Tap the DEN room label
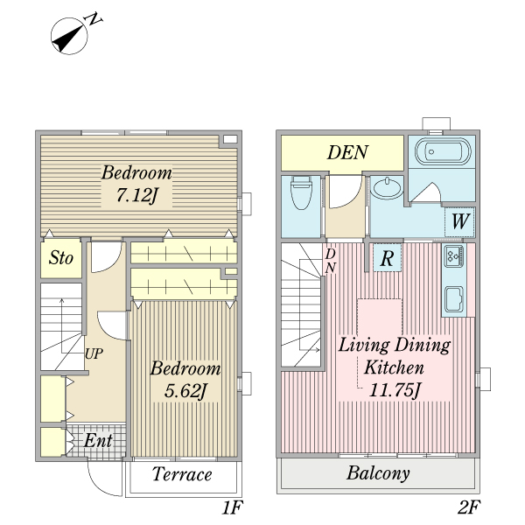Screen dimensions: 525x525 pyautogui.click(x=348, y=152)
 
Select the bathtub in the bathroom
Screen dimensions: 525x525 pyautogui.click(x=443, y=151)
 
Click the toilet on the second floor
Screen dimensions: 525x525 pyautogui.click(x=301, y=192)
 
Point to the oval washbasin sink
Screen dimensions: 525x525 pyautogui.click(x=388, y=188)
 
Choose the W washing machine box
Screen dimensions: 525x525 pyautogui.click(x=460, y=221)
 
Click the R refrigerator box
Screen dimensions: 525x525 pyautogui.click(x=387, y=258)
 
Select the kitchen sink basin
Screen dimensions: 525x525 pyautogui.click(x=454, y=298)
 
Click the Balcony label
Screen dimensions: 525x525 pyautogui.click(x=378, y=473)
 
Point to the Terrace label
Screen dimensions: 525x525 pyautogui.click(x=182, y=474)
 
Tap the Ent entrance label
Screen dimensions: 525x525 pyautogui.click(x=98, y=441)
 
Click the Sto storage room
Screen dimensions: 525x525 pyautogui.click(x=61, y=258)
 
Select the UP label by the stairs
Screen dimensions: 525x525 pyautogui.click(x=94, y=353)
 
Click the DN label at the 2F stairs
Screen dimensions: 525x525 pyautogui.click(x=331, y=261)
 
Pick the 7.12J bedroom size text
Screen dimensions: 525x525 pyautogui.click(x=136, y=195)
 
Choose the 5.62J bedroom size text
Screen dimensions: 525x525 pyautogui.click(x=185, y=390)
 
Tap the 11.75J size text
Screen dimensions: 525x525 pyautogui.click(x=394, y=389)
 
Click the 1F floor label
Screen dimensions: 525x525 pyautogui.click(x=232, y=507)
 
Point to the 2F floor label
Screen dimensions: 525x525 pyautogui.click(x=469, y=507)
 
